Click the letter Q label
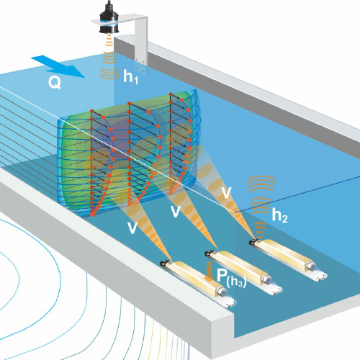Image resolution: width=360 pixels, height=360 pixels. [55, 83]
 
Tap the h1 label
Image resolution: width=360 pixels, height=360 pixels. [131, 77]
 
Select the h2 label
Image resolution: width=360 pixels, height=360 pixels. [279, 215]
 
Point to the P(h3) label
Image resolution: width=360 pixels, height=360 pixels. [232, 278]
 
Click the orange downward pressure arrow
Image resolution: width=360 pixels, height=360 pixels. [210, 271]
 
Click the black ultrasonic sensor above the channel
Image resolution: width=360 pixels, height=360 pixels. [109, 18]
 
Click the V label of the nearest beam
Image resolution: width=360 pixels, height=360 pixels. [132, 228]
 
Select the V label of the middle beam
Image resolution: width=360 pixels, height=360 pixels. [176, 212]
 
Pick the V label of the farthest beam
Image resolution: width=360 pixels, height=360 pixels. [226, 193]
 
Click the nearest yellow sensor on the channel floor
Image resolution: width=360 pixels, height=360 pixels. [198, 283]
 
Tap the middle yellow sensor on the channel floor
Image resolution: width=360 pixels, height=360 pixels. [243, 271]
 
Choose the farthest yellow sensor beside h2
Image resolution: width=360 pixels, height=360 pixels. [288, 259]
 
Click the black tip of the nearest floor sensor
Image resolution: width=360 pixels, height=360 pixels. [165, 264]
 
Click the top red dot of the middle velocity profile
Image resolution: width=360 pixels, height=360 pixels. [130, 104]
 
